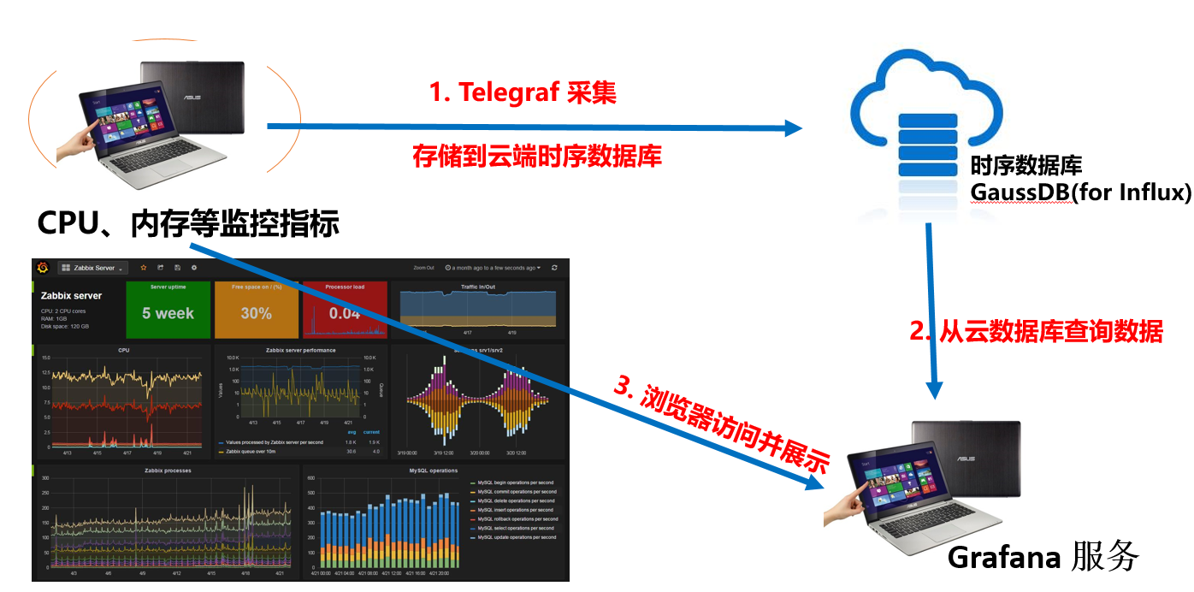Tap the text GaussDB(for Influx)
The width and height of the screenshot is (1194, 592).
pyautogui.click(x=1080, y=192)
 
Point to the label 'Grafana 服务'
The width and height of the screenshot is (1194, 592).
pyautogui.click(x=1043, y=557)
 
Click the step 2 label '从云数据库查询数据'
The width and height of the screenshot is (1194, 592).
pyautogui.click(x=1037, y=331)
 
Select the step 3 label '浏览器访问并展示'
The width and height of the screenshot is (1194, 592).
pyautogui.click(x=723, y=423)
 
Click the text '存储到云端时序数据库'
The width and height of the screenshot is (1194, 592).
pyautogui.click(x=537, y=156)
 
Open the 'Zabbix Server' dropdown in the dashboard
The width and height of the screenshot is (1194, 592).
pyautogui.click(x=92, y=268)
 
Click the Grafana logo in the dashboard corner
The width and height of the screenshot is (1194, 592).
pyautogui.click(x=43, y=268)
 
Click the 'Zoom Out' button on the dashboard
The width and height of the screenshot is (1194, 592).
pyautogui.click(x=423, y=268)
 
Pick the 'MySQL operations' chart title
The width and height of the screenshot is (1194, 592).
pyautogui.click(x=434, y=471)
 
